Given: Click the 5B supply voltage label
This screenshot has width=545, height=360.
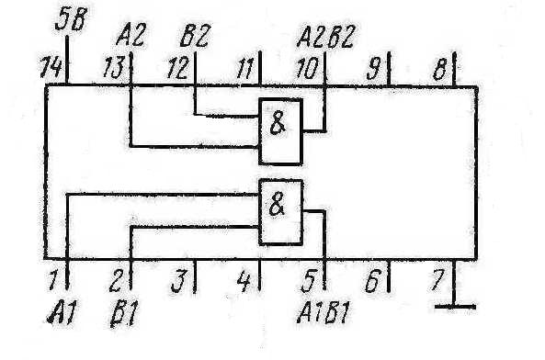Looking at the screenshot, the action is [72, 19].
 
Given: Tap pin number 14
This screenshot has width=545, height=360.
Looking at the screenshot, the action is [51, 67].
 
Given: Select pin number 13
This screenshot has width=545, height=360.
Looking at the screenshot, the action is [114, 67].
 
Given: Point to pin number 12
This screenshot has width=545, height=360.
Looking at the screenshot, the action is [178, 67].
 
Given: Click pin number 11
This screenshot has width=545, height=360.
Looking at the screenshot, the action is [245, 68].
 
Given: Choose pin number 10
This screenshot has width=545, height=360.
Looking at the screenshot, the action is [307, 68].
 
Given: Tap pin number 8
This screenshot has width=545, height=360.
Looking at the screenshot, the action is [440, 69].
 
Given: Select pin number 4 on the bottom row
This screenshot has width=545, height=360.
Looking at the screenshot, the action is [244, 280].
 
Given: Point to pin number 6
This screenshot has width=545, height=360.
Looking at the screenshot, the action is [372, 280].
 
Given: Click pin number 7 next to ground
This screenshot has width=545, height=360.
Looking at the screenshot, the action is [437, 280].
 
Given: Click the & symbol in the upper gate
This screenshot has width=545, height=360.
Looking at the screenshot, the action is [278, 124].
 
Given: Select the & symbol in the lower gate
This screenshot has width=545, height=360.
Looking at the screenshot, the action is [277, 205].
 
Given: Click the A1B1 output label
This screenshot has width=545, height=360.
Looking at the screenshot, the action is [324, 312].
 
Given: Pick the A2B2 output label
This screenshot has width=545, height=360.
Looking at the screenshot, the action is [325, 37].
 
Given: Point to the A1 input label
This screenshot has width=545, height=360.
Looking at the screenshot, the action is [62, 312].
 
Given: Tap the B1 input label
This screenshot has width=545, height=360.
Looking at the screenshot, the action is [124, 313].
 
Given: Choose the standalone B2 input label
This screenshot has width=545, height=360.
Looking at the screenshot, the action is [195, 35].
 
